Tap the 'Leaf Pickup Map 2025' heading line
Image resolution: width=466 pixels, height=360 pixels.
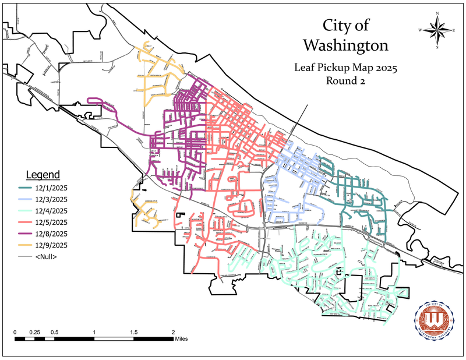pos(345,68)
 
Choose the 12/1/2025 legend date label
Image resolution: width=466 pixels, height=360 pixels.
pos(51,188)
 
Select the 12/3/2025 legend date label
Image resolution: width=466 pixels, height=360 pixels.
pos(51,199)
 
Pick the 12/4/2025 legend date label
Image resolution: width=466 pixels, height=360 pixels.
pos(51,210)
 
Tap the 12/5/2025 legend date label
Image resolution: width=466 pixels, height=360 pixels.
pos(51,222)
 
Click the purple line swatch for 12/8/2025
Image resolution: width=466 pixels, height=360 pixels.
pos(25,234)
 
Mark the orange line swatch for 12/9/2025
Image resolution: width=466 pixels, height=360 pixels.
pos(25,245)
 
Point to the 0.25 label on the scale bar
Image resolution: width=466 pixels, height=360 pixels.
pos(35,332)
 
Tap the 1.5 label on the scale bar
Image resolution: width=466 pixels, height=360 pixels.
pos(134,332)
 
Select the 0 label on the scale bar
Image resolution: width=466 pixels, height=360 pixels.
pos(15,332)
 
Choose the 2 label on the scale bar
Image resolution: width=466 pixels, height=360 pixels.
pos(173,332)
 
